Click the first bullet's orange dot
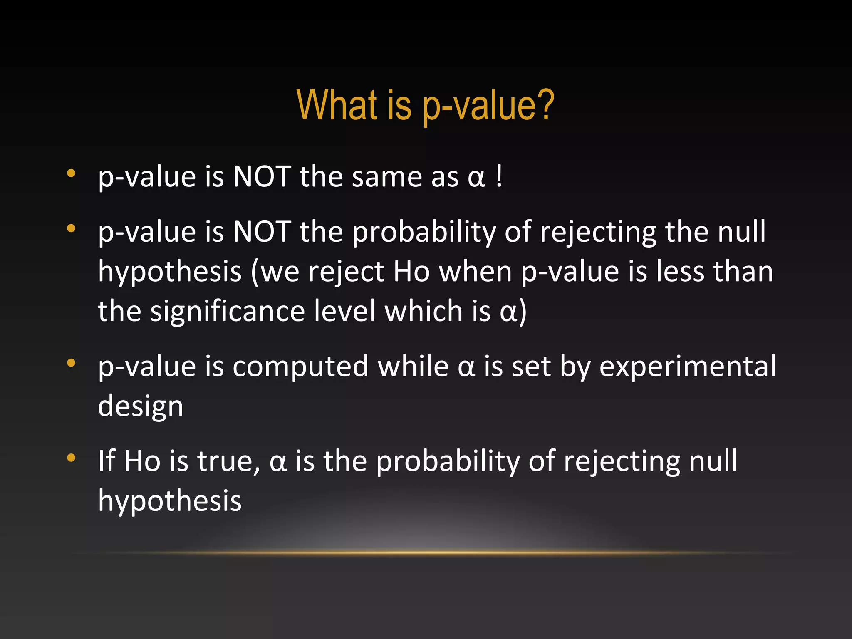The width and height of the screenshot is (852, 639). pos(71,173)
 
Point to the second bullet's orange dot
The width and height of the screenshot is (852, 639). pos(71,228)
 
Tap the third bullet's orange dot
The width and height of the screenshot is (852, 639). pos(71,363)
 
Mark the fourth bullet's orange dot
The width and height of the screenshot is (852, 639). pos(71,458)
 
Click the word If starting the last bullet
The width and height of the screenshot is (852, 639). pos(106,461)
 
